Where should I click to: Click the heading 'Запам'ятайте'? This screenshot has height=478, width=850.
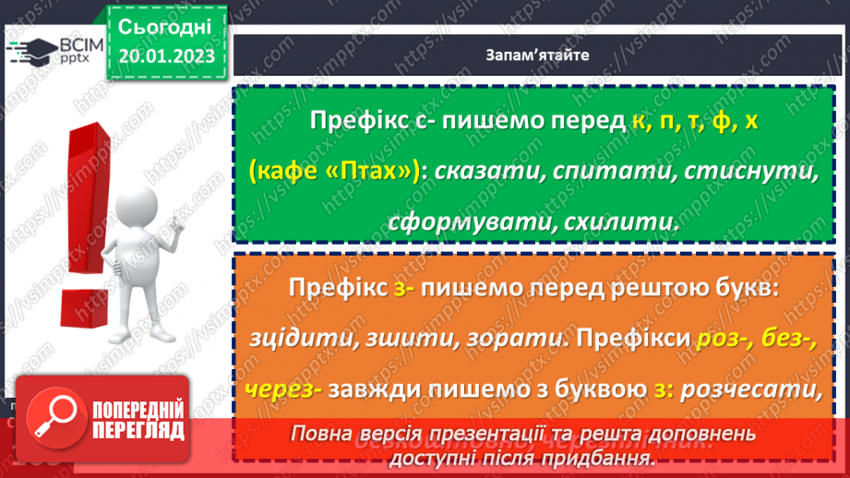(537, 54)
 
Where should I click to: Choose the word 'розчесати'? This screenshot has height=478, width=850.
(749, 388)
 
